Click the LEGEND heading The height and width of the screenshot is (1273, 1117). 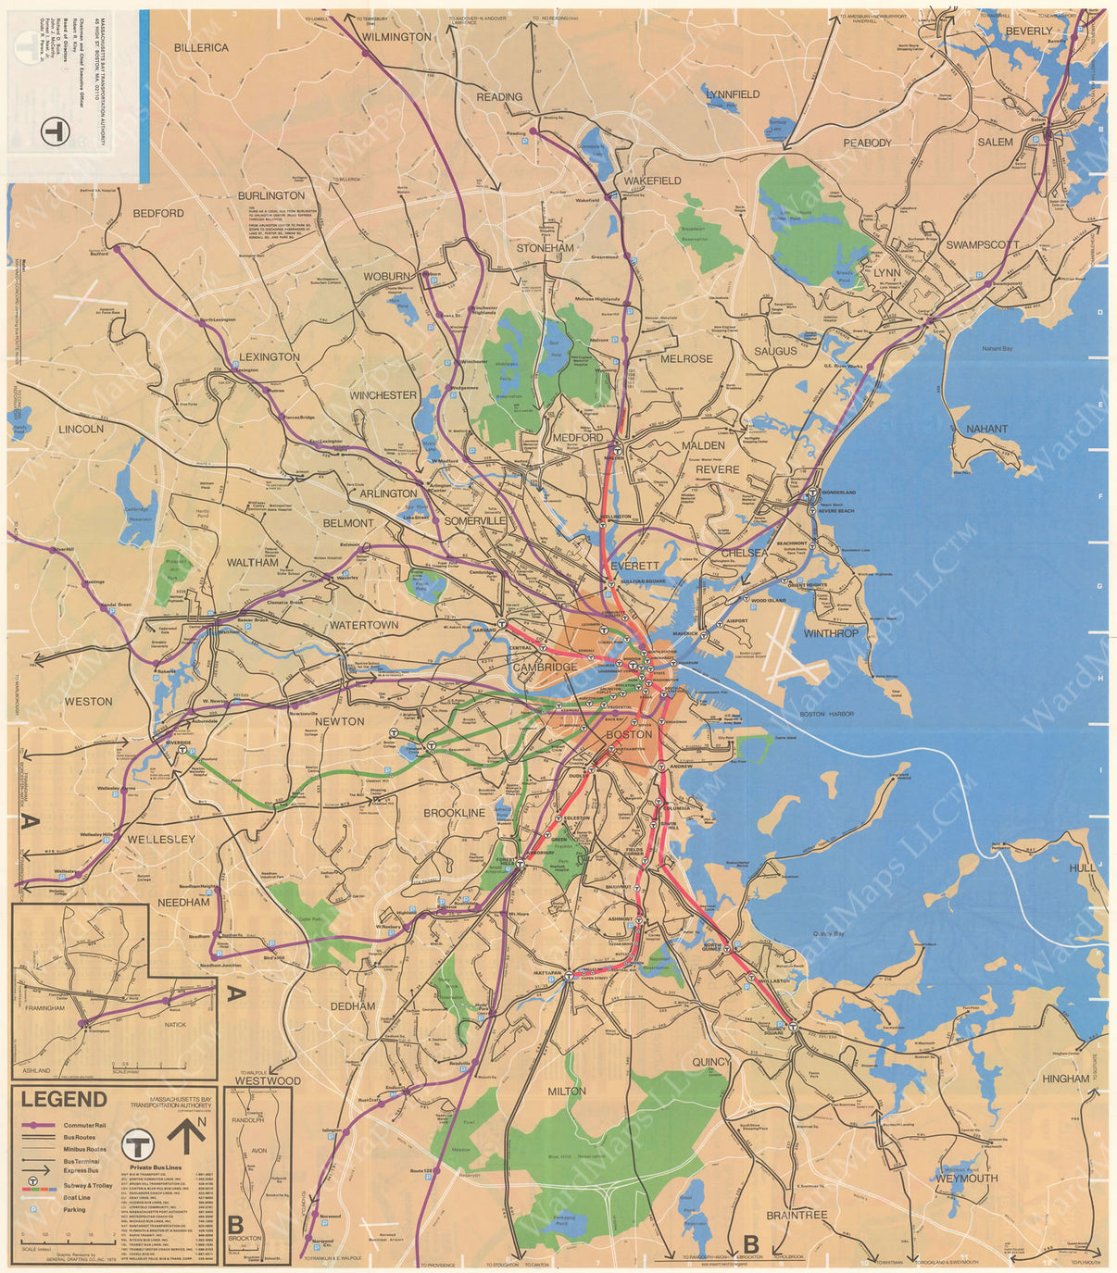point(64,1100)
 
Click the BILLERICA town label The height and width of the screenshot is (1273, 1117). point(201,47)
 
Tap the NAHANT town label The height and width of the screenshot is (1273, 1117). point(986,430)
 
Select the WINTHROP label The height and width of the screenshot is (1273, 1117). point(831,633)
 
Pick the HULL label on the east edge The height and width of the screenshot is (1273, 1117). point(1081,867)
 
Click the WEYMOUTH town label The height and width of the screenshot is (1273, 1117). point(967,1179)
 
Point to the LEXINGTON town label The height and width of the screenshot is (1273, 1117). point(270,356)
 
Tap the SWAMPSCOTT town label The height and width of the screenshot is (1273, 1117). point(982,245)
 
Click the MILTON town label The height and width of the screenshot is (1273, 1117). point(566,1091)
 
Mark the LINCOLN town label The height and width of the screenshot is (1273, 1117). point(81,430)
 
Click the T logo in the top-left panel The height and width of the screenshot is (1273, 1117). point(56,131)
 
